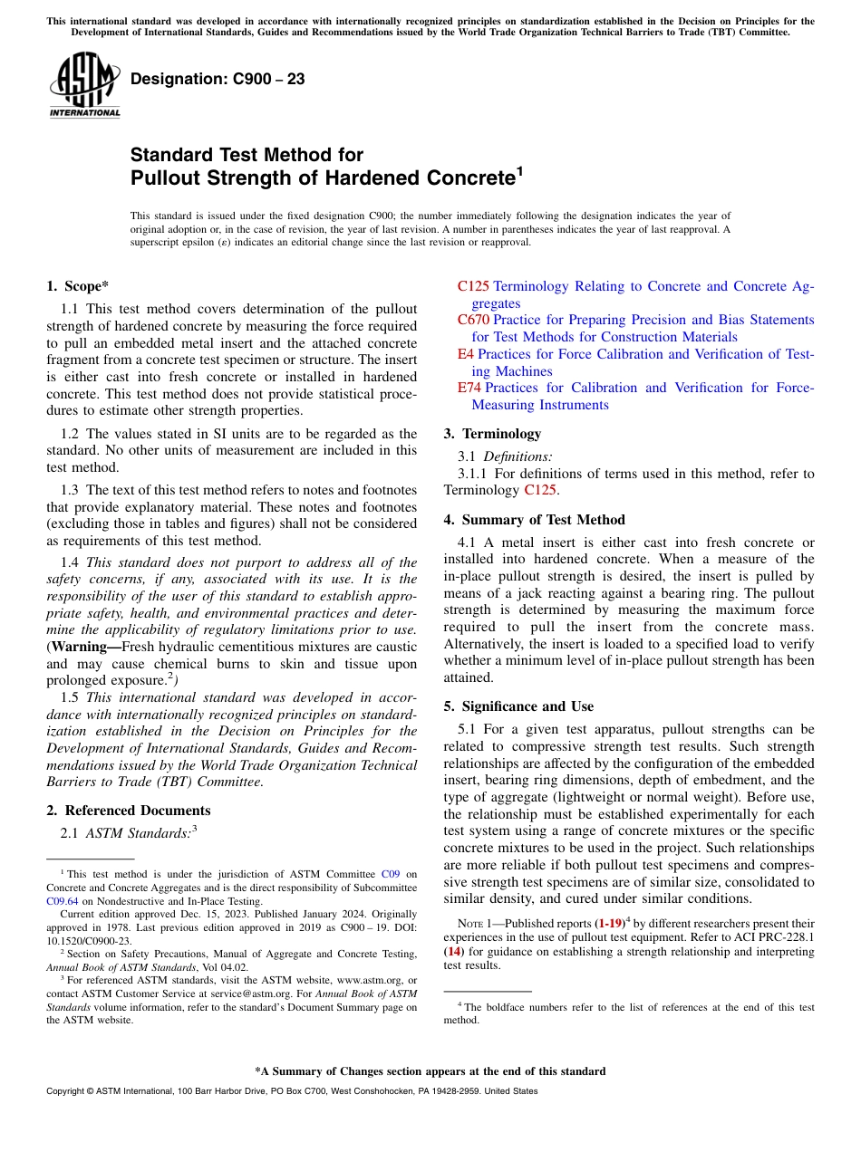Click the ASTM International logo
tap(84, 84)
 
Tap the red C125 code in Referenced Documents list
tap(473, 286)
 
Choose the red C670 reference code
tap(473, 320)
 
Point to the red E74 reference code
tap(469, 388)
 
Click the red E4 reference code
tap(466, 354)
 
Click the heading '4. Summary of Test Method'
tap(534, 520)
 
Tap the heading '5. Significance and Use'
tap(518, 706)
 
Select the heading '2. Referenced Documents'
tap(128, 811)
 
